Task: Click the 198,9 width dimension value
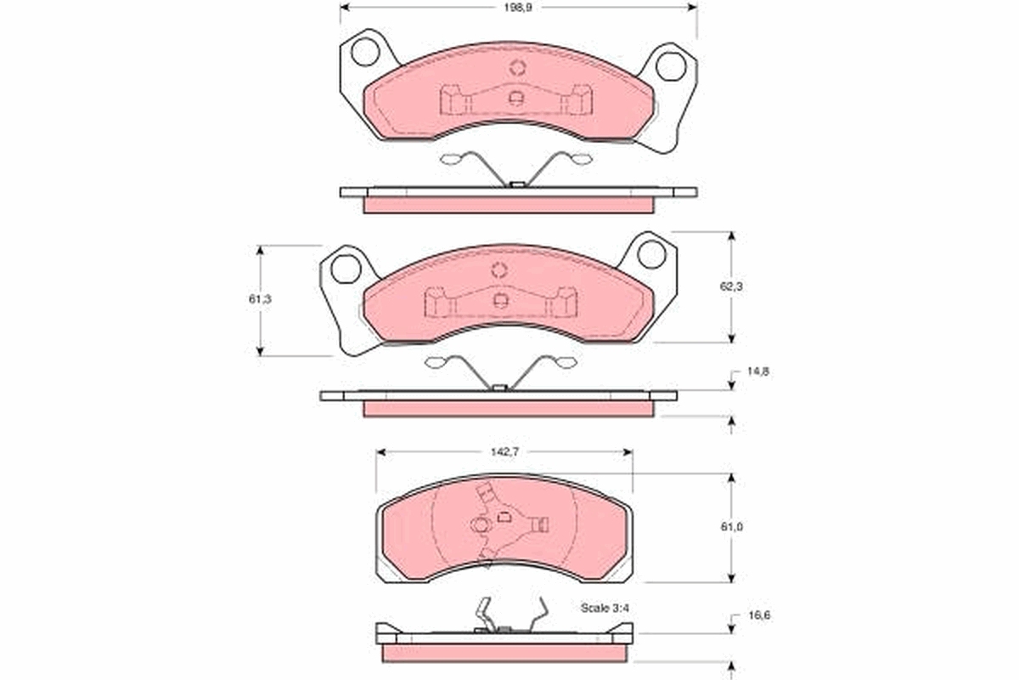(517, 8)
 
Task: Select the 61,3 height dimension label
(260, 299)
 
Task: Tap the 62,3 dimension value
(731, 286)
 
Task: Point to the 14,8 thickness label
(757, 371)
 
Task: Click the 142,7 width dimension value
(505, 452)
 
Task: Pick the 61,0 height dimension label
(731, 526)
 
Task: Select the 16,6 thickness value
(759, 615)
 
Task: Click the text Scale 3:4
(605, 608)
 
